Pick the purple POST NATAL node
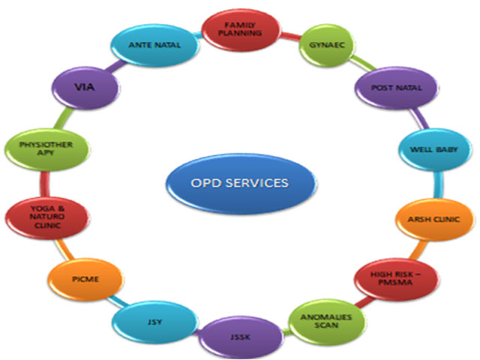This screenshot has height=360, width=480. (397, 88)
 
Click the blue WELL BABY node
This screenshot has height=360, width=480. (429, 150)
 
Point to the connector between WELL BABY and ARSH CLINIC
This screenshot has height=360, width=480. (436, 185)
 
